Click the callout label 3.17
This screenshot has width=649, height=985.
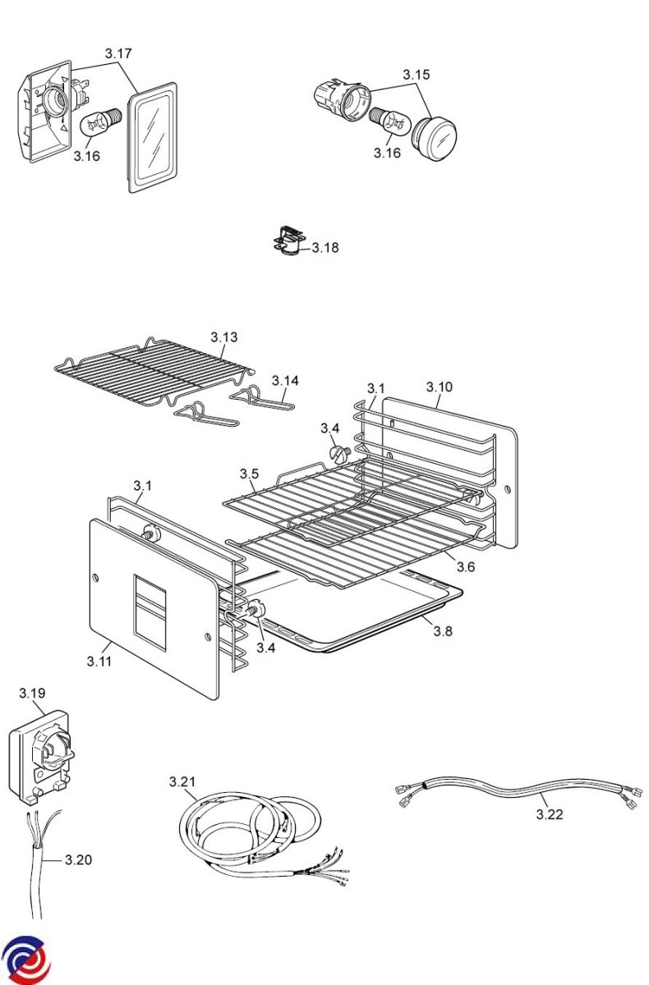(118, 53)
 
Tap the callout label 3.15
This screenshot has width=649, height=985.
(417, 75)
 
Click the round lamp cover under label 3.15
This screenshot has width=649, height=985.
(434, 139)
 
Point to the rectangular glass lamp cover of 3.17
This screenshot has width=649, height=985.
(152, 138)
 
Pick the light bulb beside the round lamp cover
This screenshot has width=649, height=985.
(389, 121)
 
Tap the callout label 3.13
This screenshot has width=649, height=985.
(224, 337)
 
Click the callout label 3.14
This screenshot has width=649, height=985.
(285, 381)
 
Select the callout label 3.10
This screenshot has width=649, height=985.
(440, 387)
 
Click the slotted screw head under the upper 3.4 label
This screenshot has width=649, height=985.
(339, 453)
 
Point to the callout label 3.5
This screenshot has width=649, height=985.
(249, 474)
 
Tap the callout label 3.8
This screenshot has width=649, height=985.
(443, 631)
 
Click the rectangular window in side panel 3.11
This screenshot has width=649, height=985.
(150, 612)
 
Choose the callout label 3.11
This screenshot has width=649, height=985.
(99, 662)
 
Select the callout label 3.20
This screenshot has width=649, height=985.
(78, 859)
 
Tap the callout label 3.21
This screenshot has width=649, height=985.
(182, 781)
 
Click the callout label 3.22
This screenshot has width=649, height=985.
(550, 814)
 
